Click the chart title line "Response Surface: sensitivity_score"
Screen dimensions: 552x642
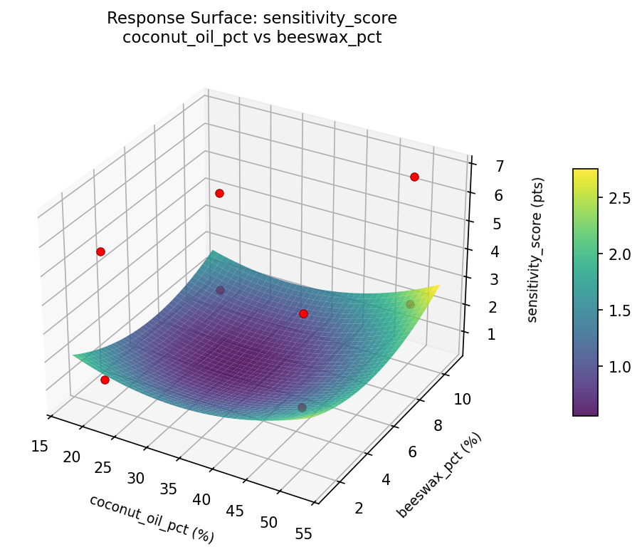[x=252, y=18]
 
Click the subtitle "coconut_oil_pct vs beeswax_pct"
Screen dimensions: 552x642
[x=252, y=38]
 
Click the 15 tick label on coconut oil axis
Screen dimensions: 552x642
[x=40, y=446]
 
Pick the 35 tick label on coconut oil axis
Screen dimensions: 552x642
[x=169, y=489]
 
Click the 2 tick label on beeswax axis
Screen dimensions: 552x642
[x=358, y=508]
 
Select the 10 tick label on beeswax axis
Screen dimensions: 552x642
[x=462, y=400]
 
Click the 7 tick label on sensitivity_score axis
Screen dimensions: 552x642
[x=481, y=167]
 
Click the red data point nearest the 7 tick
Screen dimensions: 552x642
[x=414, y=177]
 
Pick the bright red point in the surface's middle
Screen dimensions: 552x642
[x=303, y=313]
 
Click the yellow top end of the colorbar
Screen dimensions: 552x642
[x=586, y=173]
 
